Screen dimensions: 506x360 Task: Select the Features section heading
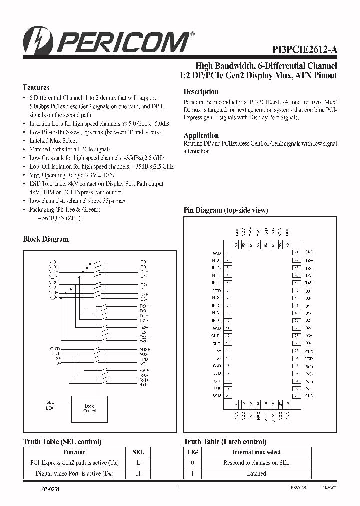click(36, 87)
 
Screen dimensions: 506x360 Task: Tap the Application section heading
click(201, 135)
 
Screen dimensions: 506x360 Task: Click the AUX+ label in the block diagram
click(144, 349)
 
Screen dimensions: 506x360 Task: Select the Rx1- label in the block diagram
click(143, 385)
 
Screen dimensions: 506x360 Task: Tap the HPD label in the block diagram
click(144, 359)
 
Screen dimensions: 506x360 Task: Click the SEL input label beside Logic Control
click(50, 401)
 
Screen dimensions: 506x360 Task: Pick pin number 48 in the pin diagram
click(296, 253)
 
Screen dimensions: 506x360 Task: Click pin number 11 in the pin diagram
click(227, 328)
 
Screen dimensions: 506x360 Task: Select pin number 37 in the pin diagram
click(296, 336)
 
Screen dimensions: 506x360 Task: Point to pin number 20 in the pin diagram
click(227, 395)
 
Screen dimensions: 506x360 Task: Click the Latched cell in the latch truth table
click(256, 473)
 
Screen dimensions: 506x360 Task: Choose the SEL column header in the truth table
click(138, 452)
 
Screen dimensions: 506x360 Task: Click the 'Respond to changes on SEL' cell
click(256, 463)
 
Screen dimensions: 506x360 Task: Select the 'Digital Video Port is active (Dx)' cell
click(74, 473)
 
